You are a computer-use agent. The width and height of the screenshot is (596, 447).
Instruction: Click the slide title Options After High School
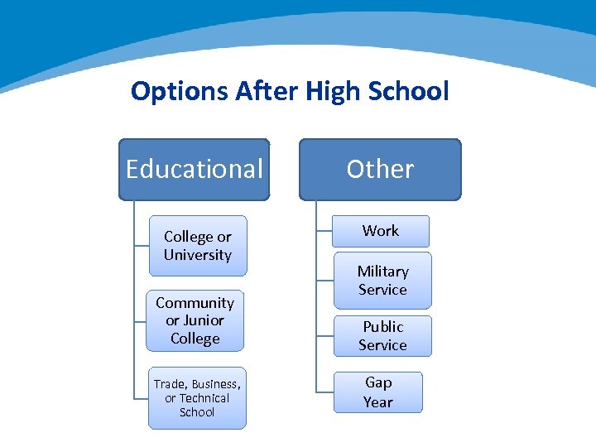[x=290, y=91]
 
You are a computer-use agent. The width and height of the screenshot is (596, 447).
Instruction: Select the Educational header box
[x=195, y=169]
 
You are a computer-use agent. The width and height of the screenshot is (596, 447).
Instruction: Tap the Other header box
[x=380, y=169]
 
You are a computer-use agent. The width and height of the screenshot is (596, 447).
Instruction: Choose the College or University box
[x=197, y=246]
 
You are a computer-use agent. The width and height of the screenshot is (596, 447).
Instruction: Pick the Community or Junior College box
[x=195, y=320]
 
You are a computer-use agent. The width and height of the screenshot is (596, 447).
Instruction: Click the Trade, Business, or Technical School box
[x=197, y=398]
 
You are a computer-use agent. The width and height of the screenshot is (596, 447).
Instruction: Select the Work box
[x=381, y=231]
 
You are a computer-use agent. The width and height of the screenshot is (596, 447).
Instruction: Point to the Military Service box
[x=382, y=281]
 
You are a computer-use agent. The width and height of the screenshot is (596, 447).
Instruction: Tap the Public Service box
[x=382, y=335]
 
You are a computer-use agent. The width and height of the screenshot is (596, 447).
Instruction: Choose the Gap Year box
[x=378, y=392]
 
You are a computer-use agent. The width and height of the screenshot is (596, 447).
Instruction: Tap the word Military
[x=382, y=272]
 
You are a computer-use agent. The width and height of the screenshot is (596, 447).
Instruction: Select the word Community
[x=195, y=303]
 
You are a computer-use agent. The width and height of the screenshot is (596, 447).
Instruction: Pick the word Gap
[x=378, y=382]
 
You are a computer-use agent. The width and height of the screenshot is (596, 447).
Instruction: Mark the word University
[x=197, y=255]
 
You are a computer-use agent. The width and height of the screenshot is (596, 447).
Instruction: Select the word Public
[x=382, y=327]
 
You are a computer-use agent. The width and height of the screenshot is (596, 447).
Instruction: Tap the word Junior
[x=204, y=320]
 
